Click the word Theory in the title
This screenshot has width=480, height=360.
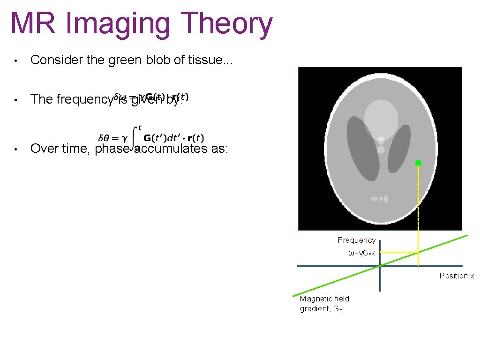click(225, 24)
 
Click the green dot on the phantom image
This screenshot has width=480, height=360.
click(418, 163)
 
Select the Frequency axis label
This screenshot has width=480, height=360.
click(357, 240)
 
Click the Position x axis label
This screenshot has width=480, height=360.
click(457, 276)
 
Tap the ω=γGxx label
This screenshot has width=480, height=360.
click(361, 253)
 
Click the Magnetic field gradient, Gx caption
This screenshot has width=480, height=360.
click(324, 304)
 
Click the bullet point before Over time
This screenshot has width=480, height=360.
click(15, 149)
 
